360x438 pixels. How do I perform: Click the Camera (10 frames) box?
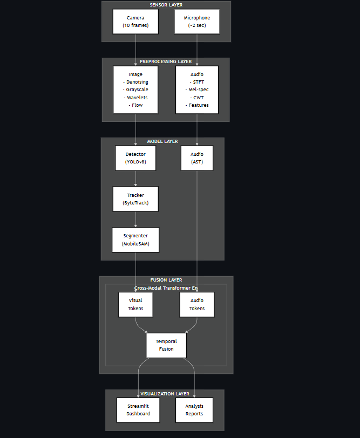pyautogui.click(x=135, y=22)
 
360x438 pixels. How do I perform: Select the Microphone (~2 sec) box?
pyautogui.click(x=197, y=22)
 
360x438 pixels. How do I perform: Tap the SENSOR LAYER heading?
pyautogui.click(x=166, y=5)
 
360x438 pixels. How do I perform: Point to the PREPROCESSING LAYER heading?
pyautogui.click(x=166, y=61)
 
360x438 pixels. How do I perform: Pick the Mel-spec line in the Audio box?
pyautogui.click(x=197, y=90)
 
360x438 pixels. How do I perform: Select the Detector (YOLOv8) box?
pyautogui.click(x=135, y=158)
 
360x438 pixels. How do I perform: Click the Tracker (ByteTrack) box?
pyautogui.click(x=135, y=199)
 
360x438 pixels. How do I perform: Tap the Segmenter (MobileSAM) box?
pyautogui.click(x=135, y=239)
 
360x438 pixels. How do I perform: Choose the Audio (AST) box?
pyautogui.click(x=197, y=158)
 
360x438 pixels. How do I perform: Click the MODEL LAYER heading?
pyautogui.click(x=162, y=141)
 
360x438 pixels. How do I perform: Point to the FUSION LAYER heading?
pyautogui.click(x=166, y=280)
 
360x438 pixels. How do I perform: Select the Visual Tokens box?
pyautogui.click(x=135, y=305)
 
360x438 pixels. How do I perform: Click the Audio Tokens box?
pyautogui.click(x=197, y=305)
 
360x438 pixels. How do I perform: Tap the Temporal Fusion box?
pyautogui.click(x=166, y=345)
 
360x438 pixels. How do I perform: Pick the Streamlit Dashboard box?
pyautogui.click(x=138, y=410)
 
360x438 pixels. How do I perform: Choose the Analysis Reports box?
pyautogui.click(x=194, y=410)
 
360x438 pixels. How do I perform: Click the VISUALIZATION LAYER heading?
pyautogui.click(x=165, y=394)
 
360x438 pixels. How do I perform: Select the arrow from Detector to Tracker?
pyautogui.click(x=135, y=179)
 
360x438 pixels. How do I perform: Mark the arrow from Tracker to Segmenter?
pyautogui.click(x=135, y=220)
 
